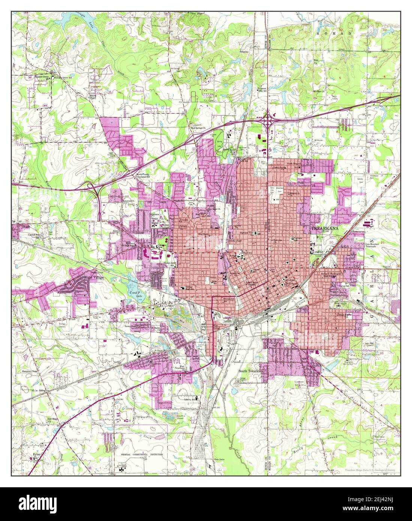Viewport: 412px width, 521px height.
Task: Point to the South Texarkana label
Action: (251, 371)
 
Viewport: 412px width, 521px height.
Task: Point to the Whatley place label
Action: (244, 52)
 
